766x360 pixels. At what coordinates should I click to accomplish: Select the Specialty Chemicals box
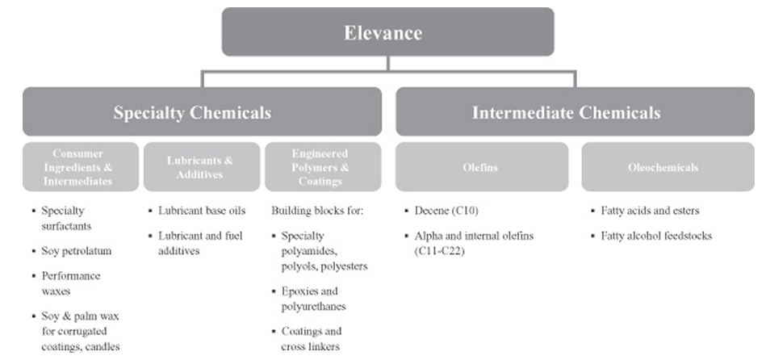click(202, 111)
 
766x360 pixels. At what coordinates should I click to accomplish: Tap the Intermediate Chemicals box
click(566, 111)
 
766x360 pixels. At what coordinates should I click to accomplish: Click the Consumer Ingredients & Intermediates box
click(78, 166)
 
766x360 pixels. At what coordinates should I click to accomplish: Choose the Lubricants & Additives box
click(200, 166)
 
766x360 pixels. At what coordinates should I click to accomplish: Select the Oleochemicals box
click(663, 167)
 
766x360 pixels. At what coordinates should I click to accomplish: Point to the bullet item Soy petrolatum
click(76, 251)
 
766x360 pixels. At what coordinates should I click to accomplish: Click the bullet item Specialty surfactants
click(71, 219)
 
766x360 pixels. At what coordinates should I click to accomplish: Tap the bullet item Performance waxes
click(71, 283)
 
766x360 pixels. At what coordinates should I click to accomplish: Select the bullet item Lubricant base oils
click(202, 211)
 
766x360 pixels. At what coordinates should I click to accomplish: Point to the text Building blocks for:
click(316, 211)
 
